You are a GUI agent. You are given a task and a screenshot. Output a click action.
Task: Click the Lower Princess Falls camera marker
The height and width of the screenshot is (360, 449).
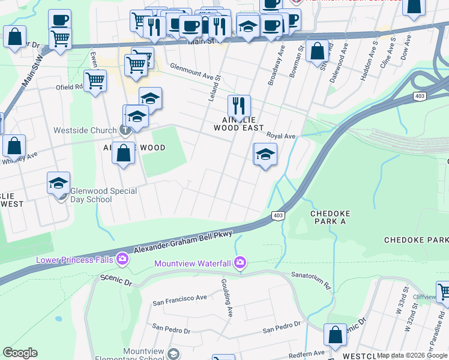[122, 259]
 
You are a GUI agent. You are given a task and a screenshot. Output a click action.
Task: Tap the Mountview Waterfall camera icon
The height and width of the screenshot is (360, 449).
[240, 262]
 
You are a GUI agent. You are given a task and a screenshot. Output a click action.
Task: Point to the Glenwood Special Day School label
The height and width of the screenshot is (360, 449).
[104, 195]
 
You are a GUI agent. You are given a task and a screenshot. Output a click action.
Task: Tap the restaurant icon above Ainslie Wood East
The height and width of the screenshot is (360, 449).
[239, 106]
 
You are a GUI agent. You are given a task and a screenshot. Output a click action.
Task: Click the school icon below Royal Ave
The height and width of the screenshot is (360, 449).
[265, 154]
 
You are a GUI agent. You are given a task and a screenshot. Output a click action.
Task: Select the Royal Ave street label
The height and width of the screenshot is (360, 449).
[281, 136]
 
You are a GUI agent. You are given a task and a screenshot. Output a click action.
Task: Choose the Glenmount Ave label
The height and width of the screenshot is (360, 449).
[191, 72]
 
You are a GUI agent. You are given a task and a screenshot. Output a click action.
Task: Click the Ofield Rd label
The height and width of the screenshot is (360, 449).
[70, 86]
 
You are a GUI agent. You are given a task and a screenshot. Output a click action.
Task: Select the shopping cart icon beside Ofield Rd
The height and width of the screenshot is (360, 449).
[95, 80]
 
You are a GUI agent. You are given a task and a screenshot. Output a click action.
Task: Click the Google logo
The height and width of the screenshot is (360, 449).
[20, 353]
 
